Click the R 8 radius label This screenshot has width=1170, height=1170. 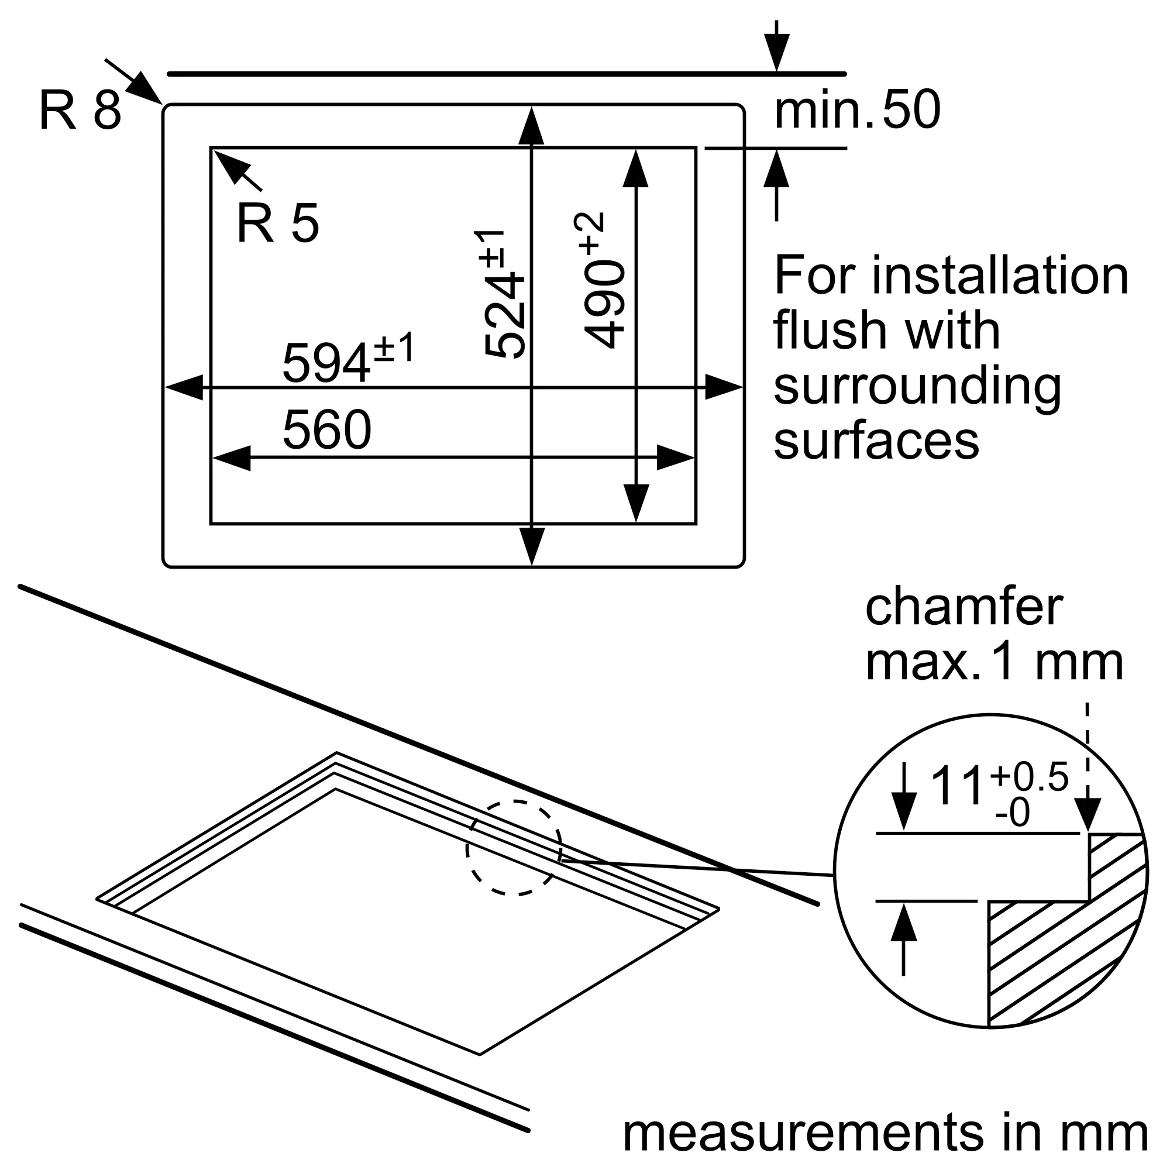coord(80,110)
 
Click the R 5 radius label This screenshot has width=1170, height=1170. coord(277,224)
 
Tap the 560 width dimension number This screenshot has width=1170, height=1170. coord(327,429)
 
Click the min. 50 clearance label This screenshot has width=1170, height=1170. coord(858,110)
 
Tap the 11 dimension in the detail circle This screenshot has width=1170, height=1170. coord(957,787)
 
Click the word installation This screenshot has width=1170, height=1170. coord(1000,276)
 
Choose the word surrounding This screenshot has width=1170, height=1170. coord(917,388)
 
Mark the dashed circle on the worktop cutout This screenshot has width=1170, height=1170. coord(514,847)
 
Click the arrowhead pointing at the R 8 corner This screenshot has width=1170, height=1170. coord(145,88)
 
